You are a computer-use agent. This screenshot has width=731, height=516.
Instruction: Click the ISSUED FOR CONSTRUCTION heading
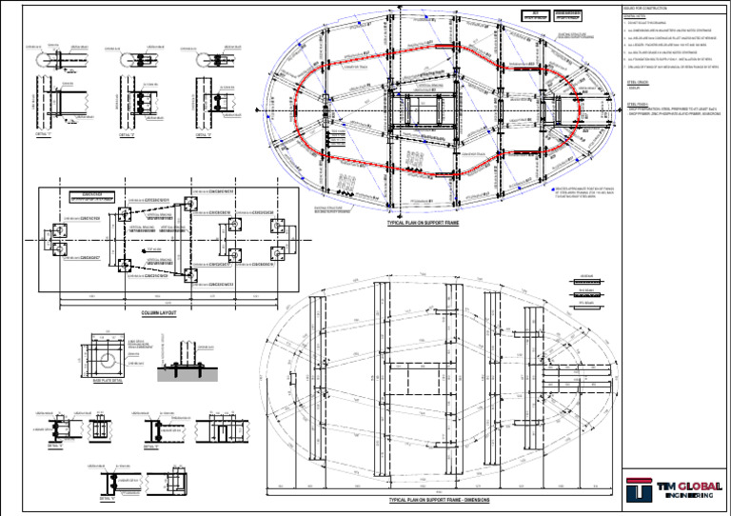pyautogui.click(x=647, y=8)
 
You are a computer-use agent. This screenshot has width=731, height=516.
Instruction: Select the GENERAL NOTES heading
pyautogui.click(x=634, y=17)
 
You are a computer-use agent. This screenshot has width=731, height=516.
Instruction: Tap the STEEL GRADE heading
pyautogui.click(x=639, y=82)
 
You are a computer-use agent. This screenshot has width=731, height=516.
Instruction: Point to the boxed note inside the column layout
pyautogui.click(x=92, y=197)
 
